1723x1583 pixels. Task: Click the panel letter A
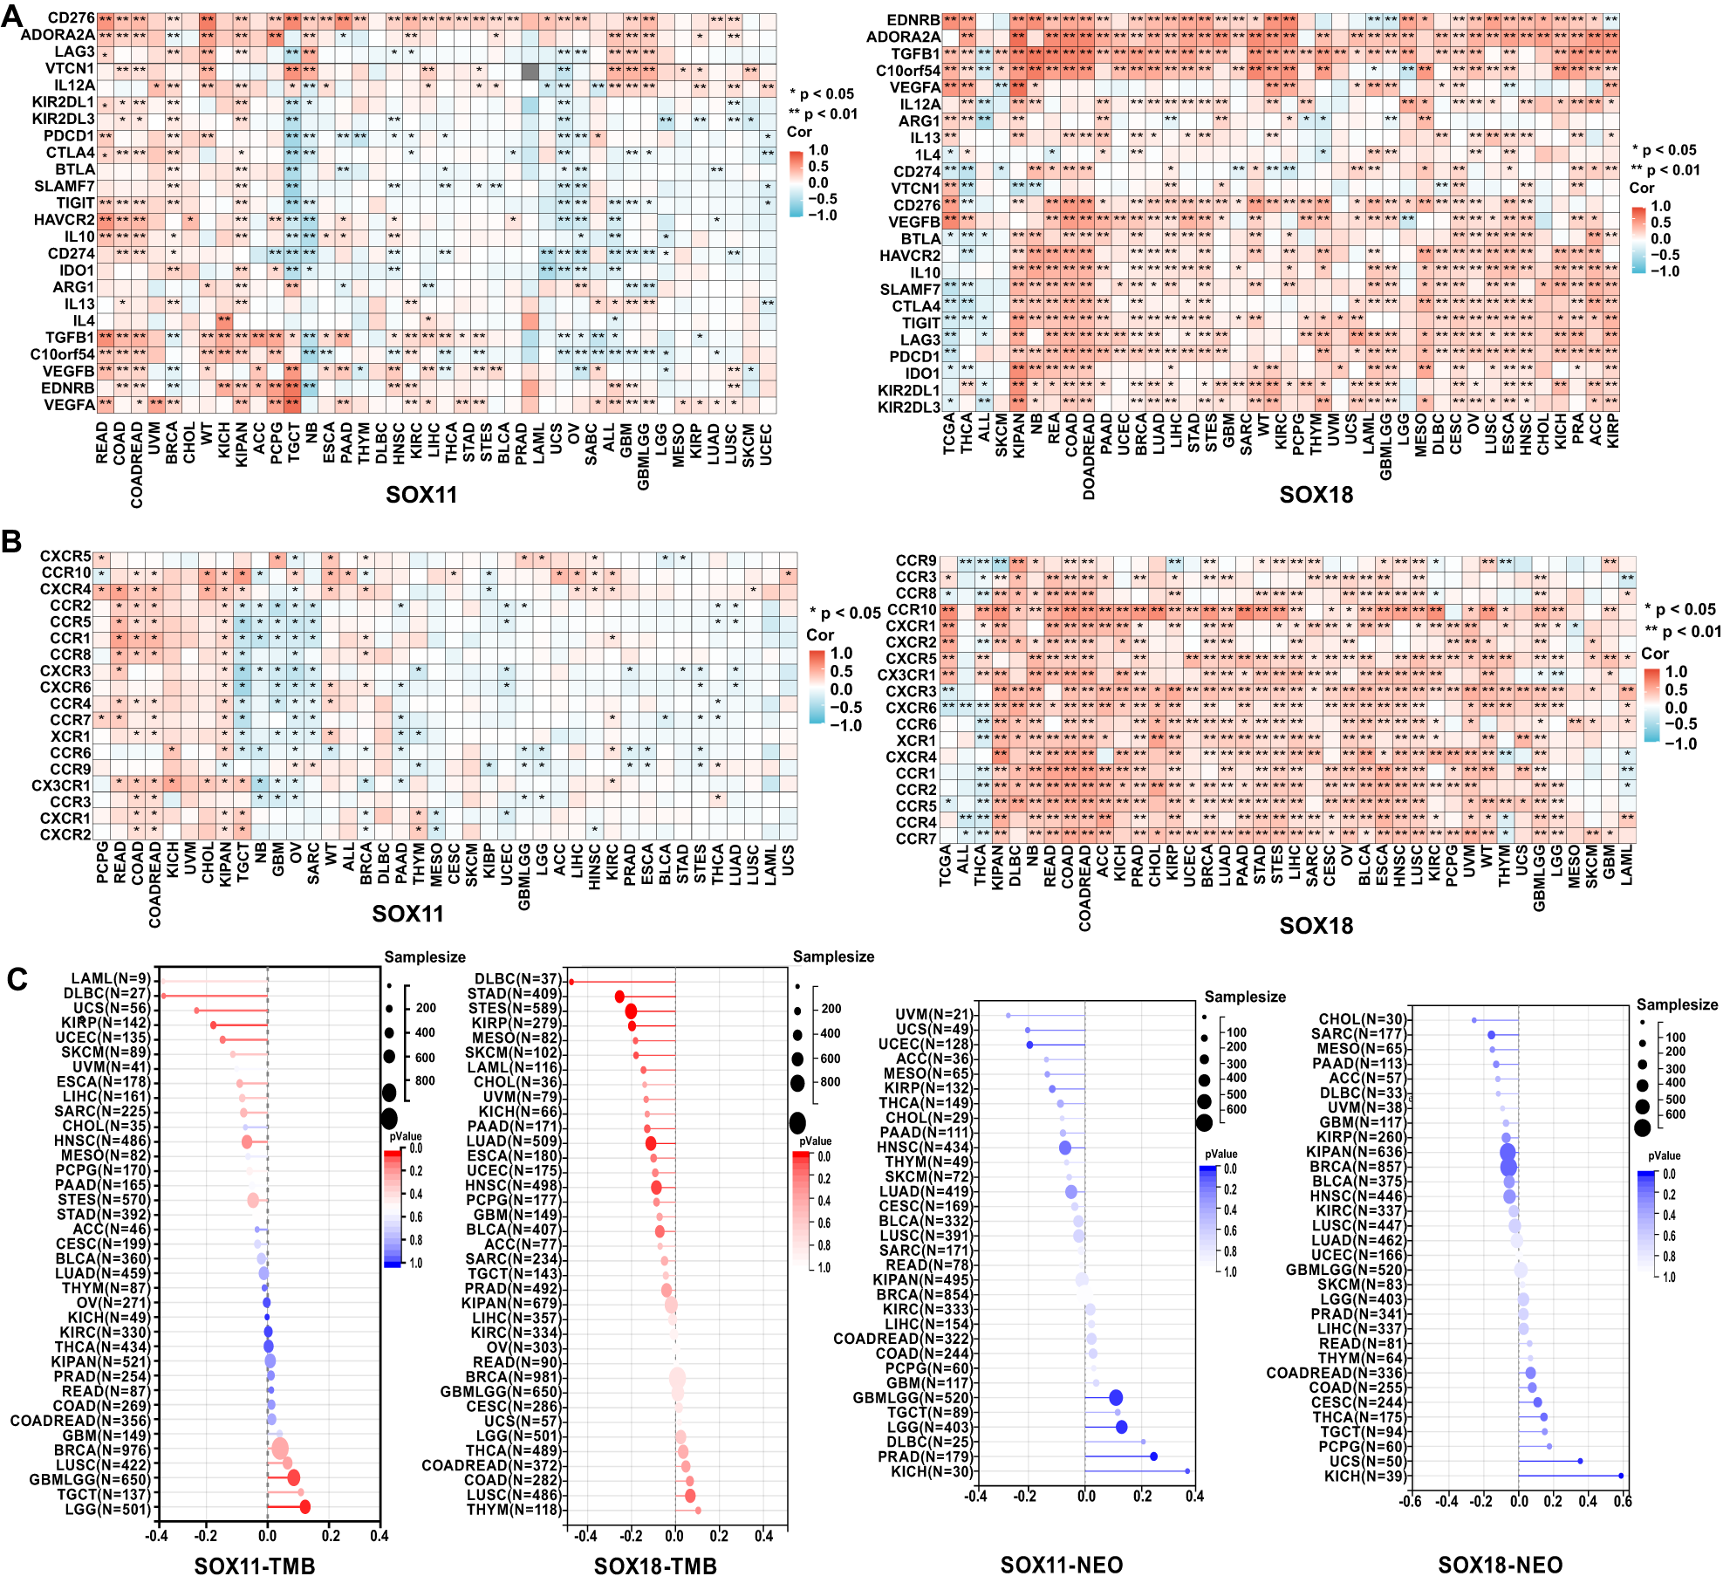click(12, 17)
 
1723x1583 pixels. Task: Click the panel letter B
click(11, 542)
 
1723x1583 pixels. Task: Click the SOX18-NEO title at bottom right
click(1500, 1566)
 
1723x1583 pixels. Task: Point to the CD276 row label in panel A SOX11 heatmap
click(71, 18)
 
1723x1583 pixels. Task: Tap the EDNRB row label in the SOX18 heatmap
click(913, 20)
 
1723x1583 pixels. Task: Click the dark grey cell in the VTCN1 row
click(529, 69)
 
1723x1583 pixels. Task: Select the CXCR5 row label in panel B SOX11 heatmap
click(65, 556)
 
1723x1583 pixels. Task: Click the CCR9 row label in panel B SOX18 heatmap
click(915, 560)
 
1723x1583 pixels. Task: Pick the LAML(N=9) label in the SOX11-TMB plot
click(110, 979)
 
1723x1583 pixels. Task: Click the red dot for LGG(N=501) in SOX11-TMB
click(304, 1507)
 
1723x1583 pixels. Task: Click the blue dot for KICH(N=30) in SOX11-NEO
click(1187, 1471)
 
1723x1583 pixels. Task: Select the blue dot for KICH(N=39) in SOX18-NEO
click(1621, 1476)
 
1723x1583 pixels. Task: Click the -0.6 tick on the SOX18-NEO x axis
click(1409, 1501)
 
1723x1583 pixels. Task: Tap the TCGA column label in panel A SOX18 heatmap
click(949, 434)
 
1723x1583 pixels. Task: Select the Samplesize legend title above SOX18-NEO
click(1677, 1004)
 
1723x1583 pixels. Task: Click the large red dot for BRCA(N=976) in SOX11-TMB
click(280, 1449)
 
